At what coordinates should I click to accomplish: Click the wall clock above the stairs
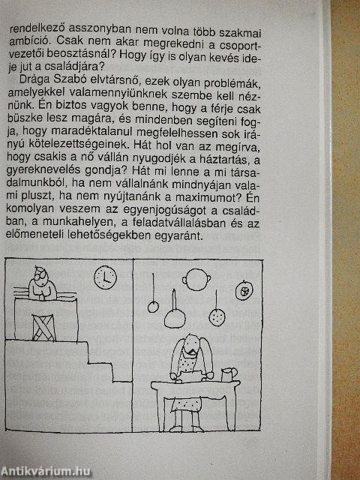[x=105, y=277]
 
